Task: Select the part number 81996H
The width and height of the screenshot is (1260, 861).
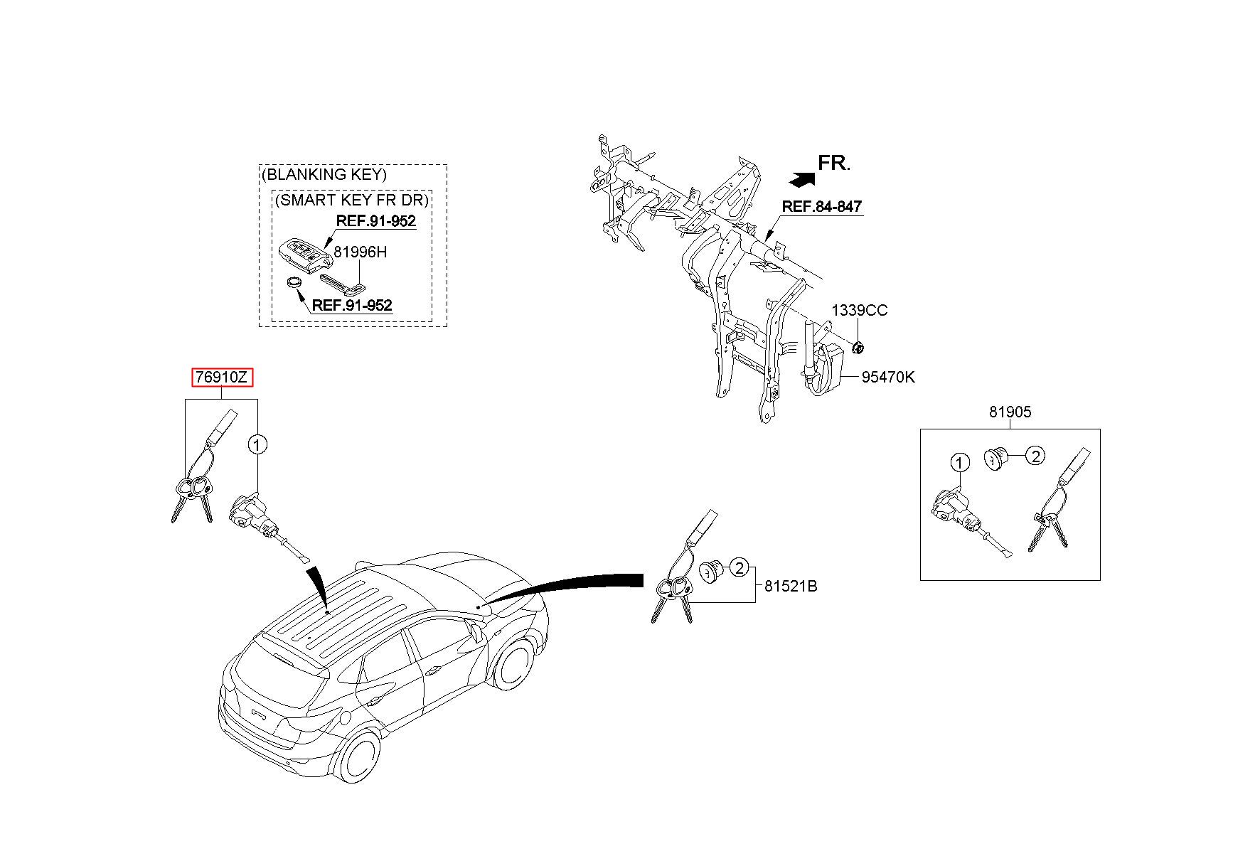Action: click(361, 252)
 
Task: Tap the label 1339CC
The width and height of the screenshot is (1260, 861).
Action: click(860, 311)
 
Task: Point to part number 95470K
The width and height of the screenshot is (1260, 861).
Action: click(888, 378)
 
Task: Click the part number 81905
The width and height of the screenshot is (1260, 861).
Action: click(1009, 412)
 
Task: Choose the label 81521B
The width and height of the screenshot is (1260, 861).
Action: click(791, 587)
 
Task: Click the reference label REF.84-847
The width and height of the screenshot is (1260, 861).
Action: click(821, 207)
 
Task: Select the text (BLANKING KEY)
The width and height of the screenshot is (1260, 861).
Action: click(324, 174)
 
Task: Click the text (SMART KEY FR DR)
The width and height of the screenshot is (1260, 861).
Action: click(352, 200)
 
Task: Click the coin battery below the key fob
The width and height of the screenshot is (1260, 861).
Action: click(294, 284)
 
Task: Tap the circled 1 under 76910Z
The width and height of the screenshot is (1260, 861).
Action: click(257, 445)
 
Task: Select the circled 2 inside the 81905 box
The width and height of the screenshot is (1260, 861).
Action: click(1035, 456)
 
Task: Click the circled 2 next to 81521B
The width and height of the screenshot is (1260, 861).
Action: click(740, 567)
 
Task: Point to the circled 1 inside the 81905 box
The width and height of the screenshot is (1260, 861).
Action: click(960, 464)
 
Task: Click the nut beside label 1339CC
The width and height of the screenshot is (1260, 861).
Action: click(858, 348)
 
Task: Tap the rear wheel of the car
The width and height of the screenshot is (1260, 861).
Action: click(357, 755)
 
